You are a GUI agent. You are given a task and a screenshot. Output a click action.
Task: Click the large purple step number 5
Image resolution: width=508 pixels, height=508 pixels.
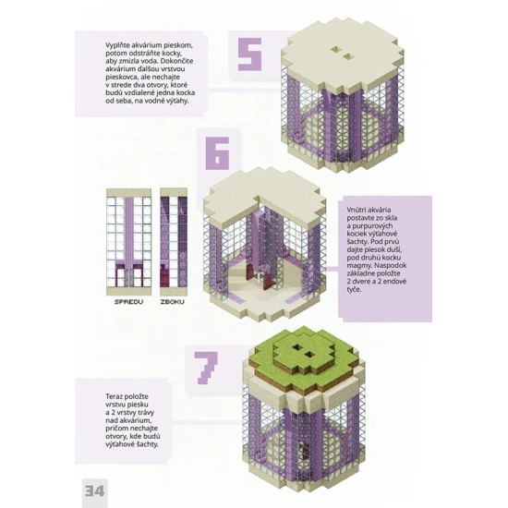point(249,54)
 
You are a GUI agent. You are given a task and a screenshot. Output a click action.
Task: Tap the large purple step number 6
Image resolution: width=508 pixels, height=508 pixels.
point(217,153)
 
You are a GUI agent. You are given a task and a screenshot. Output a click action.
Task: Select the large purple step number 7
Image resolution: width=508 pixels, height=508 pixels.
point(206,368)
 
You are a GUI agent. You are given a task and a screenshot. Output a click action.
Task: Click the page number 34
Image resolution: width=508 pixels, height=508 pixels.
point(94,490)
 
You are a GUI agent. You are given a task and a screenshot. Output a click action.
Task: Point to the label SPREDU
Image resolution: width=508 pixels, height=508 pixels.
point(128,302)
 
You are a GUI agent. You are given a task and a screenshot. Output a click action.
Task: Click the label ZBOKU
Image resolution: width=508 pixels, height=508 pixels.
point(173,302)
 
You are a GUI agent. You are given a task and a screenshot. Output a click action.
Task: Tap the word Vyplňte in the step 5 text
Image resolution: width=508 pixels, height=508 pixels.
point(117,45)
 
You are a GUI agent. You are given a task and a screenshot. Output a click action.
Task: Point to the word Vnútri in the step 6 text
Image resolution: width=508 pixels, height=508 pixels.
point(357,210)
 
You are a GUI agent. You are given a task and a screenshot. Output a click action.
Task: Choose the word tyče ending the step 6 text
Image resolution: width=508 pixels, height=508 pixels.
point(354,289)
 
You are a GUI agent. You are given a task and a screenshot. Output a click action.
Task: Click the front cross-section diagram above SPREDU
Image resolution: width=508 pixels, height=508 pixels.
point(129,242)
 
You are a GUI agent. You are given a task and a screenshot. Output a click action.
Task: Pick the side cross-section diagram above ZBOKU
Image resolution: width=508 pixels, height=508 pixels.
point(174,242)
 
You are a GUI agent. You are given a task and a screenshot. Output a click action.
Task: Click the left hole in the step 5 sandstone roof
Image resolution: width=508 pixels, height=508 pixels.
point(336,49)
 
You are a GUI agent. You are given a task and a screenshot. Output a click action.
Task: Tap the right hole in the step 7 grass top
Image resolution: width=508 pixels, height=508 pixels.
point(309,355)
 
